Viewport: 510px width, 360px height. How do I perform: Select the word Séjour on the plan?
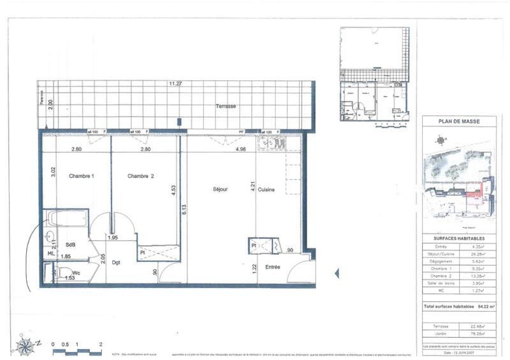tap(221, 189)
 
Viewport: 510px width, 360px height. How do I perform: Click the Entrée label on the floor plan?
tap(273, 267)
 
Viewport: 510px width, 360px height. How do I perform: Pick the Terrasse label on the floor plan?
tap(226, 106)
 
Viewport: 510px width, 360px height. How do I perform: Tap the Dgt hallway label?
tap(116, 261)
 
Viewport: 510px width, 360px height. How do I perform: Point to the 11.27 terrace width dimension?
tap(175, 83)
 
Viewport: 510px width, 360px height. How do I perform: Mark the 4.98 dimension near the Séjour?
tap(241, 149)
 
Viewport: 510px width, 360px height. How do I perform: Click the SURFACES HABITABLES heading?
tap(459, 238)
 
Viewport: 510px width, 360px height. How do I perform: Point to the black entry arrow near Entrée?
tap(337, 273)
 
